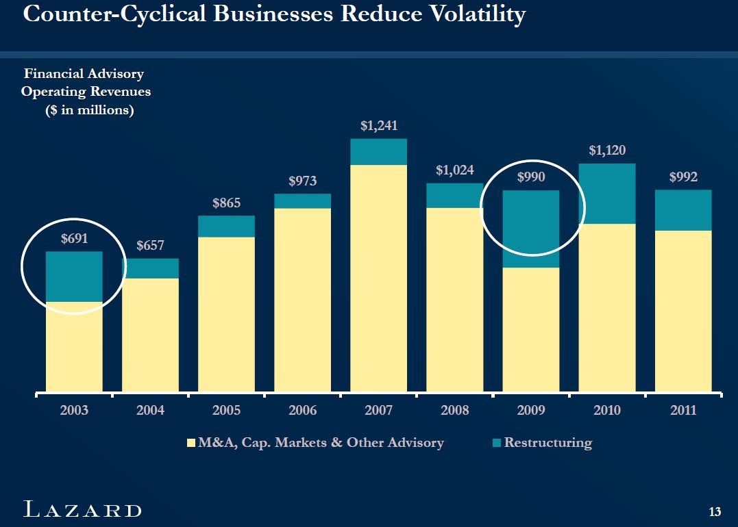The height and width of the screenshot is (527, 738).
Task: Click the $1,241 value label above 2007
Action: [379, 126]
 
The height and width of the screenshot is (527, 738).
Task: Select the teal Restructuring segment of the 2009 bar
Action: [531, 229]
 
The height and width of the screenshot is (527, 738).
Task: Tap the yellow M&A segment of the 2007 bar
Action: [379, 277]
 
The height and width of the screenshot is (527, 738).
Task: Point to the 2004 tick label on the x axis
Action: [150, 411]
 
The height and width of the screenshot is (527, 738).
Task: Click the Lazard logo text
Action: [83, 510]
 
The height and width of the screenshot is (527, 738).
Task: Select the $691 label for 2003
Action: [74, 239]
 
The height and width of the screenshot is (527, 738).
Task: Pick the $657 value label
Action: [150, 246]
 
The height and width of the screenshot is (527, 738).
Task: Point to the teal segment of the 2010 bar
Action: [607, 194]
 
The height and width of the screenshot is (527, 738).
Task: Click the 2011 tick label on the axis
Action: [683, 411]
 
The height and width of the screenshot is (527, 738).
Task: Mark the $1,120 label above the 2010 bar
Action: [607, 151]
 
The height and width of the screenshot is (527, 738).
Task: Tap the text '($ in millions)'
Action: [89, 110]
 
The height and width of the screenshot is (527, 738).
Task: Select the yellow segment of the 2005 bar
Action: [226, 314]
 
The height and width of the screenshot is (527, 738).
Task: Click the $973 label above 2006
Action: [302, 181]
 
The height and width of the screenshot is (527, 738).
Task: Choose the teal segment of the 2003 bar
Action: [74, 277]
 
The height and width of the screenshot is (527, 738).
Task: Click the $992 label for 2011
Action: [683, 177]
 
